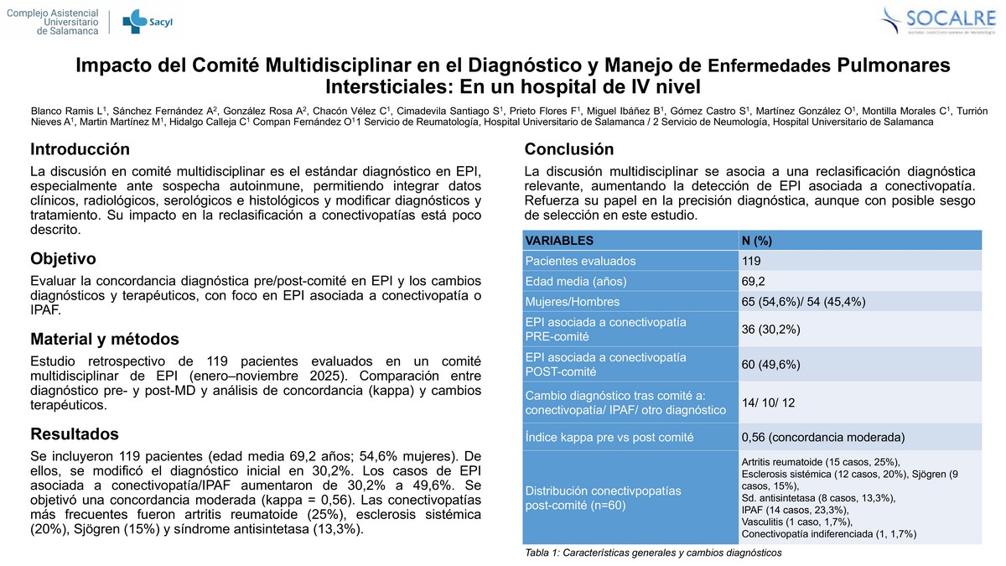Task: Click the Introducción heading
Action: pyautogui.click(x=80, y=149)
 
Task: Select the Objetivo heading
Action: pyautogui.click(x=63, y=258)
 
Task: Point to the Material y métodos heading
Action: pyautogui.click(x=105, y=339)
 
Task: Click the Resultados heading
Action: pyautogui.click(x=75, y=434)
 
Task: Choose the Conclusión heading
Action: pyautogui.click(x=568, y=149)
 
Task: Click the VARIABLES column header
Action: pyautogui.click(x=559, y=240)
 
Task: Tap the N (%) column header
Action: pyautogui.click(x=757, y=240)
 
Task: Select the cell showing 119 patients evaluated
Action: pyautogui.click(x=751, y=261)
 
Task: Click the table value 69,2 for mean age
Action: pyautogui.click(x=754, y=281)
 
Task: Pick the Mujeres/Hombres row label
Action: pyautogui.click(x=573, y=301)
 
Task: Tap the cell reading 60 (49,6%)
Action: pyautogui.click(x=771, y=365)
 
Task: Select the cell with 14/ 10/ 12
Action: pyautogui.click(x=769, y=402)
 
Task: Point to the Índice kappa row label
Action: pyautogui.click(x=609, y=437)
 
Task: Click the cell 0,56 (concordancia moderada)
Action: pyautogui.click(x=823, y=437)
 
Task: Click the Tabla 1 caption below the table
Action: pyautogui.click(x=652, y=553)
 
